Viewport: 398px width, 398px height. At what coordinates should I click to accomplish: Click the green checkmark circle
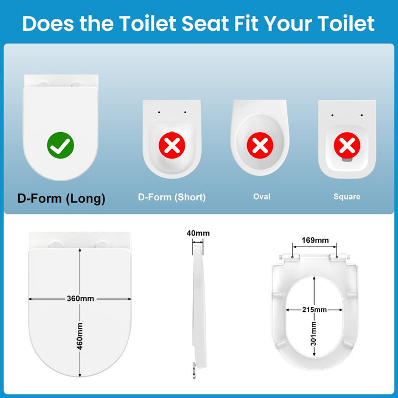60,145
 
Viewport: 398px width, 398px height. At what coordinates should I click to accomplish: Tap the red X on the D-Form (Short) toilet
172,145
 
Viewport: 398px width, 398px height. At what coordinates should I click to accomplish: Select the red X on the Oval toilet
260,145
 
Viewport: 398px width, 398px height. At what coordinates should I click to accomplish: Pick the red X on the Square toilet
347,145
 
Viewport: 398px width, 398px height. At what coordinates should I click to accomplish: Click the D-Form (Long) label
61,198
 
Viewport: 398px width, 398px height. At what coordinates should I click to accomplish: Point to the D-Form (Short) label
172,197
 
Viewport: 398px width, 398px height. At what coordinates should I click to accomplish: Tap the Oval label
261,196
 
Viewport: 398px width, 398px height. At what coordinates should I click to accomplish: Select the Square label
347,197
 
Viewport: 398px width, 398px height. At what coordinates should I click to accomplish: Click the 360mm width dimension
80,298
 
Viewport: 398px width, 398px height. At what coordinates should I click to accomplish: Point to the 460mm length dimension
80,336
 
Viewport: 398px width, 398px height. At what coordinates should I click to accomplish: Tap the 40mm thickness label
198,233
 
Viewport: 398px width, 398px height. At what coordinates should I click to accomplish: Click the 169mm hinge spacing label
315,240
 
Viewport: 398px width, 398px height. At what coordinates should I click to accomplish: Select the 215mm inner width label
314,310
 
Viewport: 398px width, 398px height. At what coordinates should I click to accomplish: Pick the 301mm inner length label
314,333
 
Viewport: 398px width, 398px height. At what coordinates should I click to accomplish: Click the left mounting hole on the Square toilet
332,116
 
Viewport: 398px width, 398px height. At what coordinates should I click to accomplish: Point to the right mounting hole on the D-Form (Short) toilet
185,112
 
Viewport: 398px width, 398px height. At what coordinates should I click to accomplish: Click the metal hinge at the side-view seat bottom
194,370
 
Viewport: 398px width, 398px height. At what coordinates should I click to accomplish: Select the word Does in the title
48,24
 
